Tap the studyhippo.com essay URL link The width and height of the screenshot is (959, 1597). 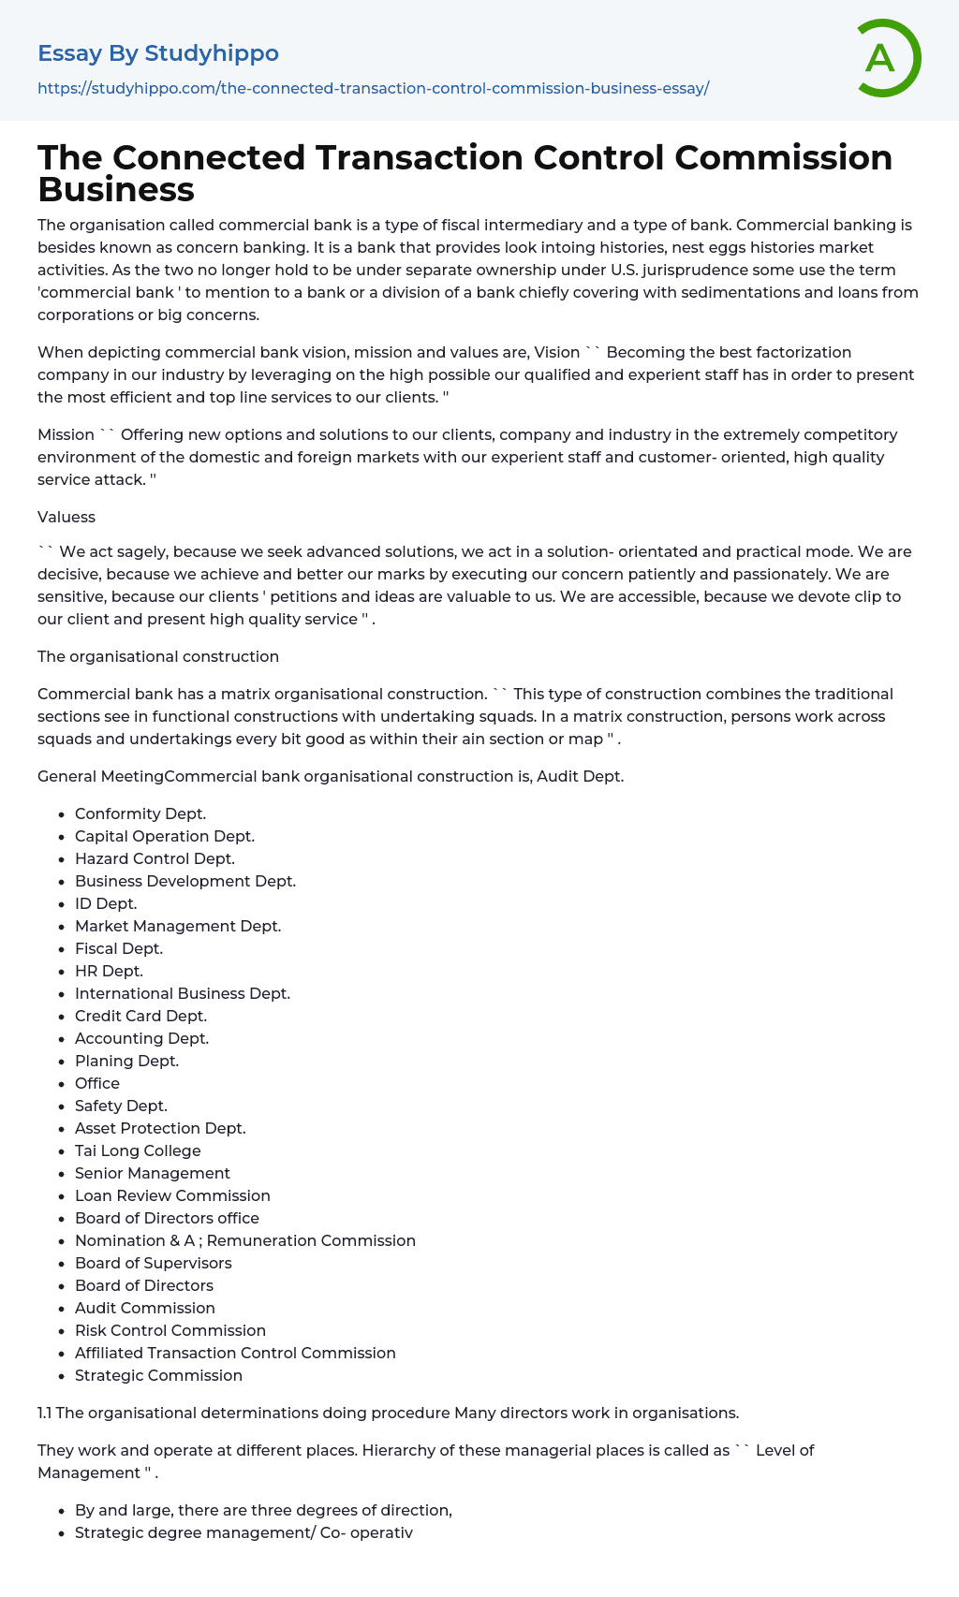tap(373, 88)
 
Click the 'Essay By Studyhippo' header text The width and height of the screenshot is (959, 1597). tap(158, 53)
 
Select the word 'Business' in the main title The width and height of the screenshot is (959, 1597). tap(116, 189)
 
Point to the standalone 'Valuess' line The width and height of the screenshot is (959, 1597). tap(66, 517)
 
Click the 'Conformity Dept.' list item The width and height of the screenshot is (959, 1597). tap(140, 813)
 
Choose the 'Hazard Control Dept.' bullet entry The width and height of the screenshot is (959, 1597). tap(155, 858)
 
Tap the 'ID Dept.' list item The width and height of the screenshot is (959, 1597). tap(106, 903)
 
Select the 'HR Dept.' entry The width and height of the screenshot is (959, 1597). tap(109, 971)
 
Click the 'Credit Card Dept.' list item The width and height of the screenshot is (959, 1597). tap(140, 1016)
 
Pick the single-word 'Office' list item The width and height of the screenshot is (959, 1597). tap(97, 1083)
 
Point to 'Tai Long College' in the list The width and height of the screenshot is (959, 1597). tap(138, 1150)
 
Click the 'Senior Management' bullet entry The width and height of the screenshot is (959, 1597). tap(153, 1173)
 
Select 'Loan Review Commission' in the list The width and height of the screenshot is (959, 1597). tap(172, 1195)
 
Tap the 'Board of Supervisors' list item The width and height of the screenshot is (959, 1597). tap(154, 1263)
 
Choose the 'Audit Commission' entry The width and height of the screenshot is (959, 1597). tap(145, 1308)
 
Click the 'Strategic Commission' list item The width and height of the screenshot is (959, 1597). tap(158, 1375)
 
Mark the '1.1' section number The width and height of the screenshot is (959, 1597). tap(45, 1413)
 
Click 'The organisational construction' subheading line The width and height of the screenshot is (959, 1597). tap(158, 656)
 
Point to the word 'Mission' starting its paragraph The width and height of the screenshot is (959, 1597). tap(66, 434)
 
